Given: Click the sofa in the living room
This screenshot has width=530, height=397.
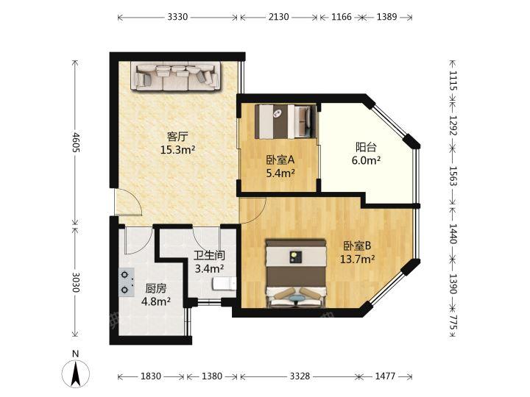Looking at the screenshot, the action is coord(176,76).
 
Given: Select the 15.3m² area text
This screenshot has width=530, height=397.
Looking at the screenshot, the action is coord(177,149).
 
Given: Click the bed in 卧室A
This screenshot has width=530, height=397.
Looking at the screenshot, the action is coord(286,121).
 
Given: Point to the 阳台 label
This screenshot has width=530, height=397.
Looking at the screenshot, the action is coord(366,147).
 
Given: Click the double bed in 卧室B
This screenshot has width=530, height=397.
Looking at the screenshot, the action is coord(296,273).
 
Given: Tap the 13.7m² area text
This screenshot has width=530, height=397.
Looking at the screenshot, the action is coord(357,259).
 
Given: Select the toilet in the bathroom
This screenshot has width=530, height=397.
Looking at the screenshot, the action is coord(225,284).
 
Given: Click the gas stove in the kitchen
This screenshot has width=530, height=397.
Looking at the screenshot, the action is coord(127,282).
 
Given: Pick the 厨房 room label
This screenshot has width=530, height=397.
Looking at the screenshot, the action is coord(156,288).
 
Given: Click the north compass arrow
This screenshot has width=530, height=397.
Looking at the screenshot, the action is coord(76,373).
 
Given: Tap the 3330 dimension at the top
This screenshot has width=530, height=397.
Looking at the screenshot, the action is coord(177,17).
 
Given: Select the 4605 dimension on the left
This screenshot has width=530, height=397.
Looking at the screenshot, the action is coord(77,142).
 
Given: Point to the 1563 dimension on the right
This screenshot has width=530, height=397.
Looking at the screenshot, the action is coord(453,176).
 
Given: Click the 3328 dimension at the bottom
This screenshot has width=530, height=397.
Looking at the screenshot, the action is coord(300,376).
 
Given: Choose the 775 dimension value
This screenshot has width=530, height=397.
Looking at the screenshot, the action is coord(453,323).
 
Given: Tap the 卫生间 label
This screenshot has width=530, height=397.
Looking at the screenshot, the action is coord(210,255).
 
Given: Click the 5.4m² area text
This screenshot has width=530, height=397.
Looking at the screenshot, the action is coord(280,174).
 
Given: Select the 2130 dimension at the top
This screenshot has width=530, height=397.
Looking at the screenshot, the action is coord(278,17).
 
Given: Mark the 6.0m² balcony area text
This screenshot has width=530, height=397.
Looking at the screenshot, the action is coord(366,160).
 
